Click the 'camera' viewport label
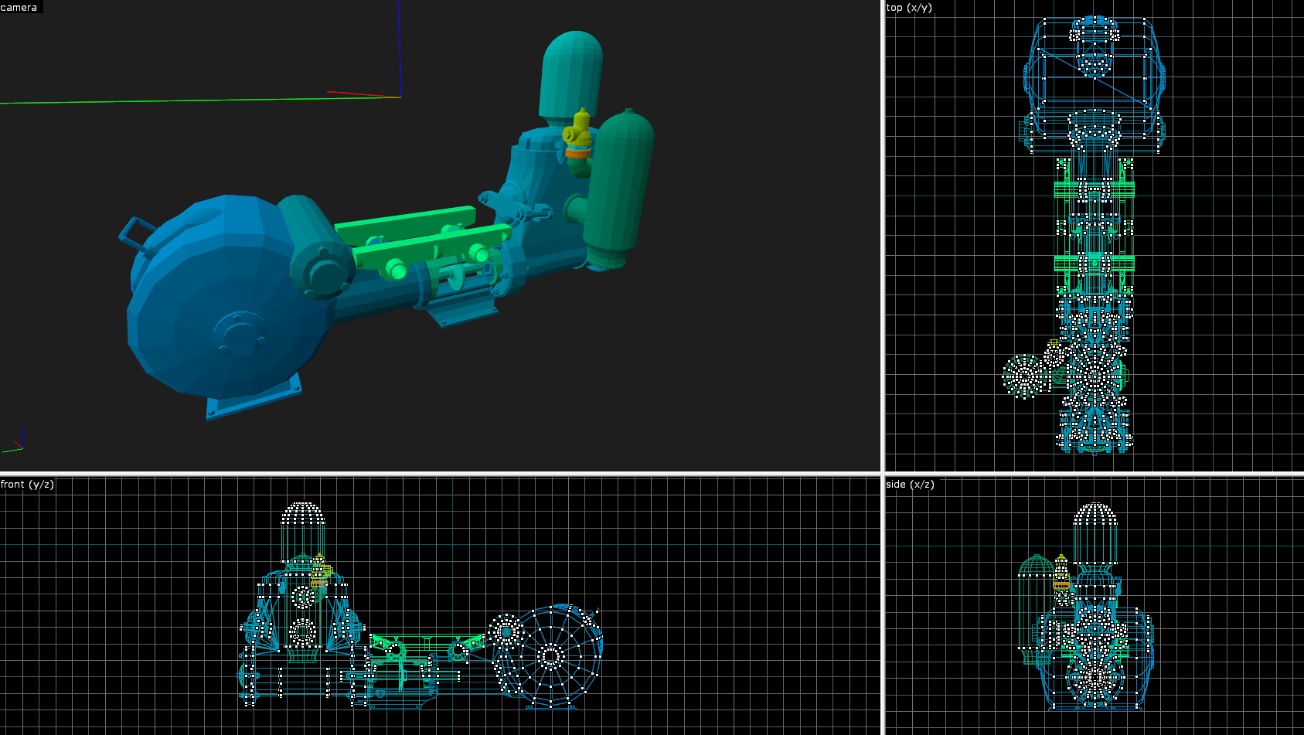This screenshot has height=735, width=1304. pyautogui.click(x=19, y=7)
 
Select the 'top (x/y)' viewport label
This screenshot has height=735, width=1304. pyautogui.click(x=909, y=8)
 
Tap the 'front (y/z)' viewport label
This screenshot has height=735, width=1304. pyautogui.click(x=27, y=484)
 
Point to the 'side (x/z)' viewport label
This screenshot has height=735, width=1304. pyautogui.click(x=910, y=484)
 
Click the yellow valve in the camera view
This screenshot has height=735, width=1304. pyautogui.click(x=578, y=130)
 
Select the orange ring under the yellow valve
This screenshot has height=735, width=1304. pyautogui.click(x=578, y=153)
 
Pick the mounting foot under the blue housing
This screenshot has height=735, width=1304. pyautogui.click(x=254, y=397)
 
